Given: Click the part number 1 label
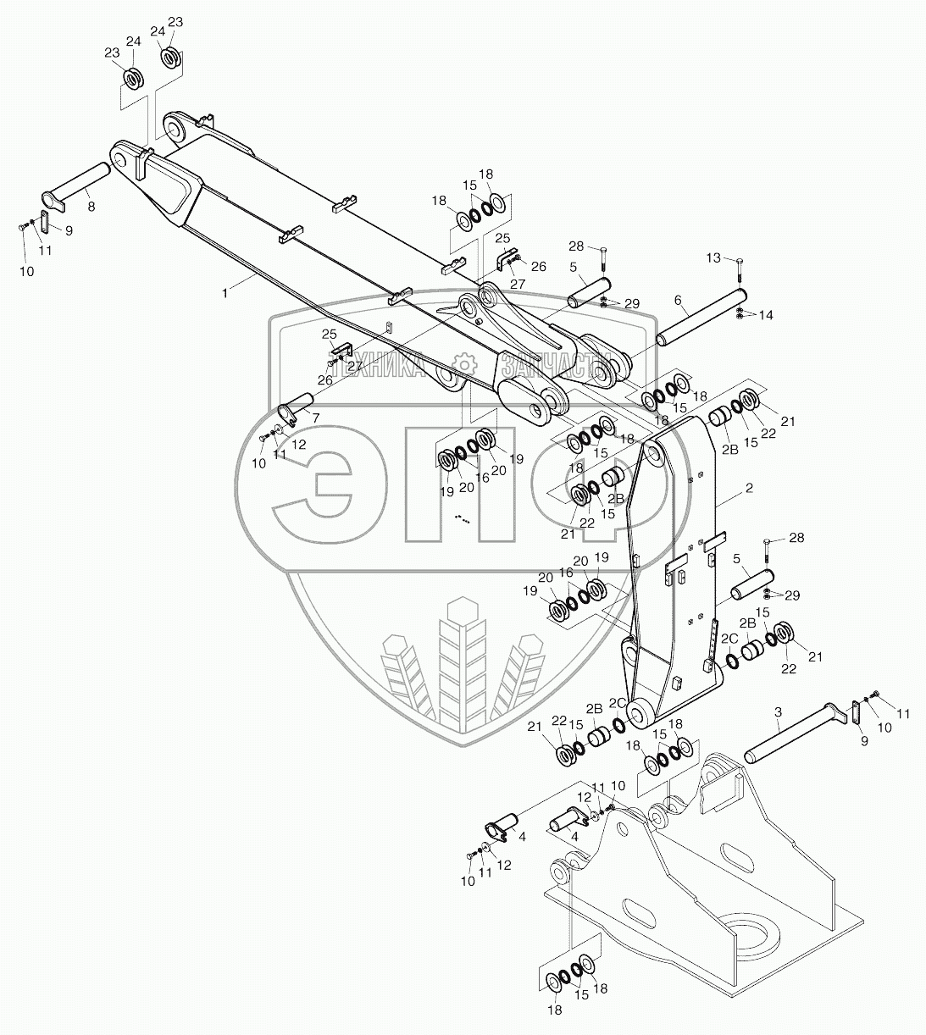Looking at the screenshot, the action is (x=225, y=292).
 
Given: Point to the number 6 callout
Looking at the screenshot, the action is (x=678, y=300).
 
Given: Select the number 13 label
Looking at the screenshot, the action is (x=713, y=257).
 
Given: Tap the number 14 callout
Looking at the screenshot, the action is (x=766, y=315).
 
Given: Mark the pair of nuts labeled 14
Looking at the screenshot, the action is (x=740, y=314).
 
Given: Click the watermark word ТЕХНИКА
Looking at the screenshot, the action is (x=385, y=367).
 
